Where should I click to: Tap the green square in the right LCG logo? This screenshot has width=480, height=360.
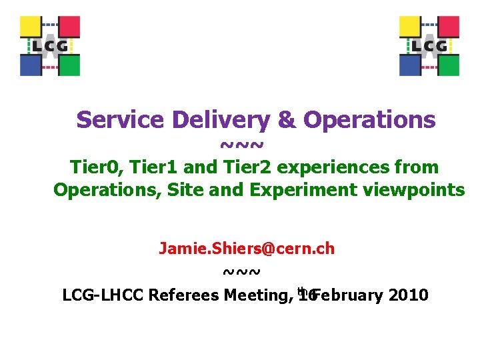click(x=448, y=65)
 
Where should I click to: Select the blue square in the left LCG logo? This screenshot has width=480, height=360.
click(x=31, y=65)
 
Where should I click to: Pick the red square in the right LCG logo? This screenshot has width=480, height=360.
click(x=448, y=27)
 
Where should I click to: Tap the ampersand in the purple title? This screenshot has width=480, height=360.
click(x=286, y=120)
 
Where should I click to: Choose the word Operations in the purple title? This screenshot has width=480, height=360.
click(x=369, y=120)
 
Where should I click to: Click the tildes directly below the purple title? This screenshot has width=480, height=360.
click(x=241, y=144)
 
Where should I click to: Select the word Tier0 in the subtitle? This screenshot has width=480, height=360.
click(x=94, y=167)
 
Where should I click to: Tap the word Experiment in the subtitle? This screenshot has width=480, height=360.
click(x=305, y=190)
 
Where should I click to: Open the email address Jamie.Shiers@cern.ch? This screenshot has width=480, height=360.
click(x=247, y=249)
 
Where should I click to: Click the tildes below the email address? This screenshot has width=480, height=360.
click(x=241, y=271)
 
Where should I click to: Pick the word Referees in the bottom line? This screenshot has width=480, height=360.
click(x=185, y=295)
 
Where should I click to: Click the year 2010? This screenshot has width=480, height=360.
click(x=407, y=295)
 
